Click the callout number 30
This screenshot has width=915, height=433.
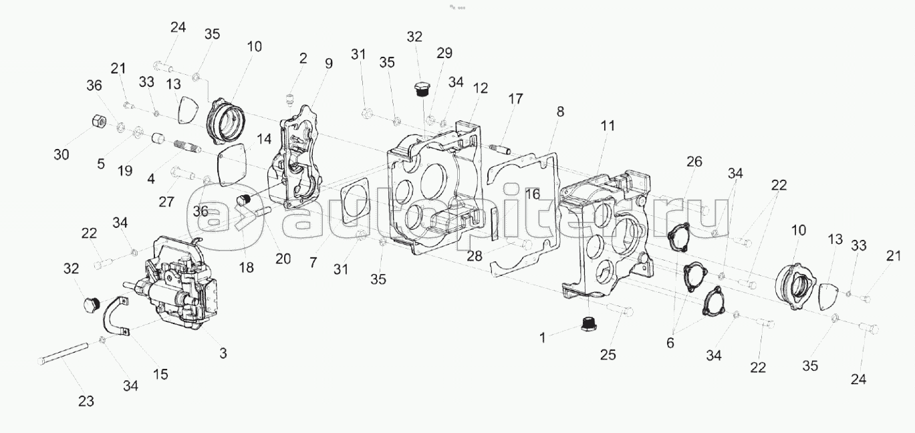[x=61, y=155]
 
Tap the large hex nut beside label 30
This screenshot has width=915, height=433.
[x=98, y=121]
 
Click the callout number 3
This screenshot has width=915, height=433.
[x=223, y=353]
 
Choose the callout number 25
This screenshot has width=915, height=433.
[x=608, y=355]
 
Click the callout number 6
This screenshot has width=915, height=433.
[x=670, y=343]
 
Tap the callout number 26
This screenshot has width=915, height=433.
[x=694, y=162]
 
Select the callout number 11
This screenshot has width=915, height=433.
[x=608, y=126]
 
